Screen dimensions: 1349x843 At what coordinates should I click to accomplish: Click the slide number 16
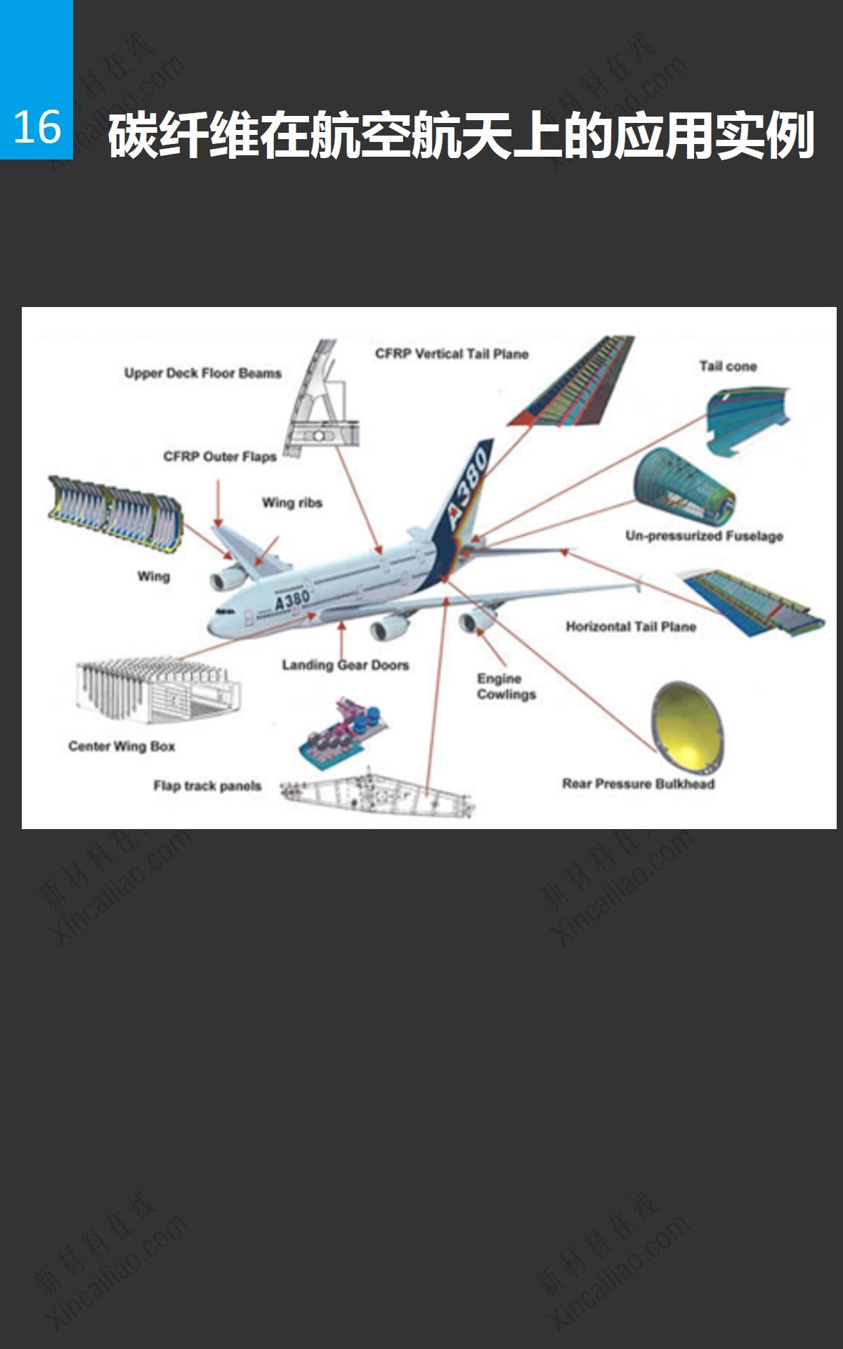[x=37, y=128]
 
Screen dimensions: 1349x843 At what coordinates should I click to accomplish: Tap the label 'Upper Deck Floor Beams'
[x=202, y=373]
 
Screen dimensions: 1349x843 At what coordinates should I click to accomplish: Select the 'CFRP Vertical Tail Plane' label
[x=451, y=353]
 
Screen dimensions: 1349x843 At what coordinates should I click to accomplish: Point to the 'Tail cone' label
[x=728, y=366]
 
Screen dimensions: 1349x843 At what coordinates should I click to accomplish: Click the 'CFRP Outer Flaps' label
[x=220, y=457]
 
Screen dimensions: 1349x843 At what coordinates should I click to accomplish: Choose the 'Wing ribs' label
[x=292, y=502]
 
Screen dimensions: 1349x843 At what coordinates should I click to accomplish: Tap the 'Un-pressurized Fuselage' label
[x=704, y=536]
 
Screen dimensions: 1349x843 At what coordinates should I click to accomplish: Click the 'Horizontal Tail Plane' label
[x=631, y=627]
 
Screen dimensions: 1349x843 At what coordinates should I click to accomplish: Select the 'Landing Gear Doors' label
[x=345, y=665]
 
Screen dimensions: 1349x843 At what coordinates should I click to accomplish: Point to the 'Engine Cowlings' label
[x=506, y=686]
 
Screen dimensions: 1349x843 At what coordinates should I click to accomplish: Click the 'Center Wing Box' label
[x=122, y=746]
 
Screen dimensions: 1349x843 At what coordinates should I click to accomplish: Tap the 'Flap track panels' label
[x=207, y=786]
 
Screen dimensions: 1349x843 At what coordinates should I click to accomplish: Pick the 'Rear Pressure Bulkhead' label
[x=638, y=783]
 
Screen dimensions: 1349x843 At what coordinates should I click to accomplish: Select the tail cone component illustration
[x=746, y=419]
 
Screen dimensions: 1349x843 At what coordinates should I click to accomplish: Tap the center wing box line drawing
[x=157, y=691]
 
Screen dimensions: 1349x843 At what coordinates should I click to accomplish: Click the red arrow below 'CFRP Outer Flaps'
[x=218, y=503]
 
